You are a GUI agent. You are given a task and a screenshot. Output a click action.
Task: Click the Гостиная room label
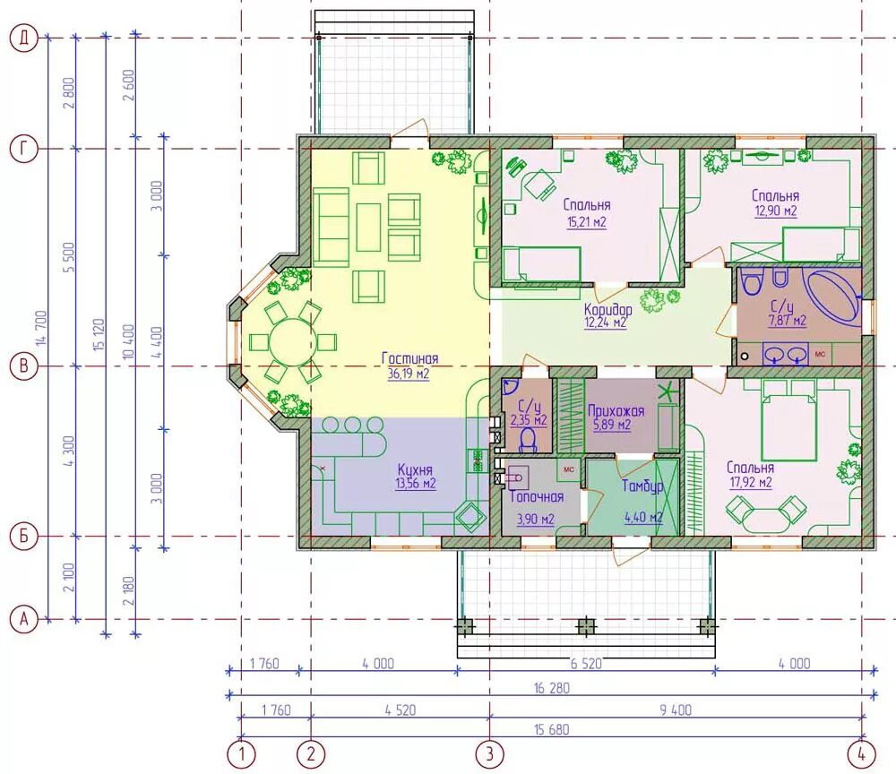[409, 358]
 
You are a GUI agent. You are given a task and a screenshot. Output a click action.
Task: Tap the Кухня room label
[415, 469]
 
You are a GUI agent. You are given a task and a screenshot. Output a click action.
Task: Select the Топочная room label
[537, 496]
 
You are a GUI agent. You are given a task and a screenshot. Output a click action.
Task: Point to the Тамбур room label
[642, 486]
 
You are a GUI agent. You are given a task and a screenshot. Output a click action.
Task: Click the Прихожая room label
[616, 410]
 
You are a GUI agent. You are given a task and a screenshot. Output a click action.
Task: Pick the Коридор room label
[608, 309]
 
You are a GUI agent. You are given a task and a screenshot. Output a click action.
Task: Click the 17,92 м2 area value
[750, 483]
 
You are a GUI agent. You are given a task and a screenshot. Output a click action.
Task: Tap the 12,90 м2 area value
[775, 211]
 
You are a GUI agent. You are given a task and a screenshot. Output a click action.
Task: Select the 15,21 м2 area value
[586, 221]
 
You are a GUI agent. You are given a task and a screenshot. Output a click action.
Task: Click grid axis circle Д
[24, 39]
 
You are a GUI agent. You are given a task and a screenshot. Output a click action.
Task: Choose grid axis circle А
[24, 619]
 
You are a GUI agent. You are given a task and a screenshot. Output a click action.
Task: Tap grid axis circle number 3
[490, 754]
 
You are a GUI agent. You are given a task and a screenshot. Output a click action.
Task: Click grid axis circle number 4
[862, 754]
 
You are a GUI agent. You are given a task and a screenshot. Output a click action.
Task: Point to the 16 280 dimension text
[552, 688]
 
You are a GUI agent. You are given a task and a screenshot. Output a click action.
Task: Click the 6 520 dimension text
[585, 664]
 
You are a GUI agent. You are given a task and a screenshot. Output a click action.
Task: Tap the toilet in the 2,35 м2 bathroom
[529, 439]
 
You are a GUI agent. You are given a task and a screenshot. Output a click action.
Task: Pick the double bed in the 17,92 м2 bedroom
[788, 419]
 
